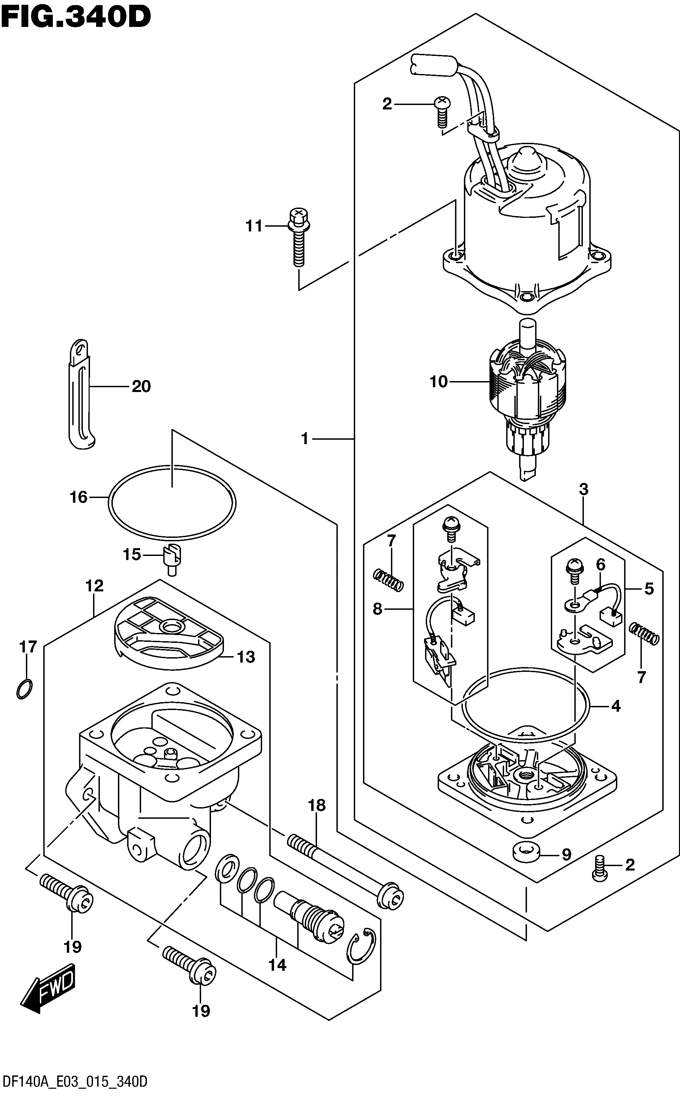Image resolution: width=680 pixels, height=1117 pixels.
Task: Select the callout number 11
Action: [254, 226]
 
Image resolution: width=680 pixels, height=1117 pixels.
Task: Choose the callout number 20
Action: [141, 386]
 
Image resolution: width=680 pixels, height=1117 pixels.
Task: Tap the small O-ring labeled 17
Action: [24, 690]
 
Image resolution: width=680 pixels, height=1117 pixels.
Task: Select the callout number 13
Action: [246, 657]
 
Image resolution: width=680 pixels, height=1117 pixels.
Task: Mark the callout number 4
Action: [616, 706]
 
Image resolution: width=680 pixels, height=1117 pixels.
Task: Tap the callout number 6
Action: [601, 564]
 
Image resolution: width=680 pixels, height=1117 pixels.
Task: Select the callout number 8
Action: [378, 609]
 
